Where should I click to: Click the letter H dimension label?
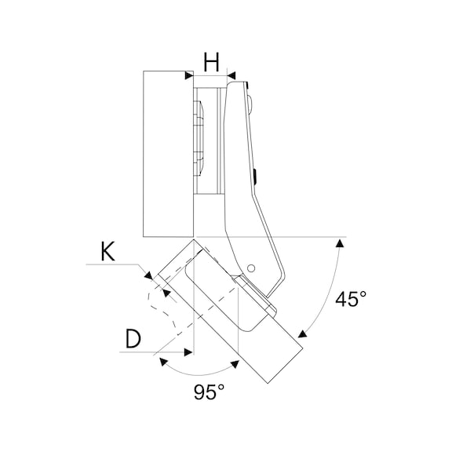(x=212, y=62)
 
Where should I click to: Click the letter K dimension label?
(x=108, y=252)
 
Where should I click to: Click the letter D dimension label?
(x=133, y=339)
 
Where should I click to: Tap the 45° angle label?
(x=351, y=299)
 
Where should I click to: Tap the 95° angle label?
(x=209, y=392)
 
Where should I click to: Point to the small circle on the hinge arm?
(x=251, y=268)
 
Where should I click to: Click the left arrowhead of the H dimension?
(x=189, y=75)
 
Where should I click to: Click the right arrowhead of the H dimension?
(x=231, y=76)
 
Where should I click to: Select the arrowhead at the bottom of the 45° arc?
(x=302, y=334)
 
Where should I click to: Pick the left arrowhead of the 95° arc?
(x=164, y=362)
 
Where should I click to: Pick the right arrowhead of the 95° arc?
(x=235, y=364)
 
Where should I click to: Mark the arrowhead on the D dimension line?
(x=188, y=352)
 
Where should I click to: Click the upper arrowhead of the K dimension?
(x=149, y=275)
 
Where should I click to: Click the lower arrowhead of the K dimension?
(x=166, y=293)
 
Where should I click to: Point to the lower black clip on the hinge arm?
(x=255, y=177)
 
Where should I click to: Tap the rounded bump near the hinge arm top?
(x=250, y=104)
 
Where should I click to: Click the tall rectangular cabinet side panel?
(x=168, y=154)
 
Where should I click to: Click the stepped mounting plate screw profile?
(x=199, y=138)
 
